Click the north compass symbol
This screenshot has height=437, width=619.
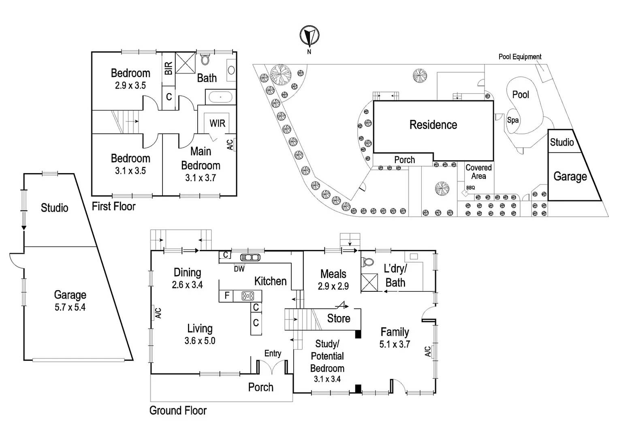coord(309,36)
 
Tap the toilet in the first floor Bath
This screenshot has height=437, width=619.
coord(205,59)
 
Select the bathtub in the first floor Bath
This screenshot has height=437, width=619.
coord(220,98)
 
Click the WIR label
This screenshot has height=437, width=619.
coord(217,123)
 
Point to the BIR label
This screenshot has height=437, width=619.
coord(169,68)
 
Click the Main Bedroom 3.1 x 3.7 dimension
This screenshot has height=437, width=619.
coord(201,178)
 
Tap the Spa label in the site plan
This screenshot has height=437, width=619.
coord(512,120)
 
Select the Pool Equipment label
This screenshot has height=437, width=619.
coord(520,57)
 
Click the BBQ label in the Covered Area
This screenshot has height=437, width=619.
coord(470,188)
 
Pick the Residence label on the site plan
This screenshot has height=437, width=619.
coord(433,125)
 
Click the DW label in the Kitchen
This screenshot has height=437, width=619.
coord(239,269)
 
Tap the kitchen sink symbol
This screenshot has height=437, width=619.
coord(250,257)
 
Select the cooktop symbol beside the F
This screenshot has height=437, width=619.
coord(248,296)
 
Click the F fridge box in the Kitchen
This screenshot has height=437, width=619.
coord(226,296)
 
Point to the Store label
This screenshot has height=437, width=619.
coord(339,319)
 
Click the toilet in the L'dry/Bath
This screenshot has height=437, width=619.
coord(368,262)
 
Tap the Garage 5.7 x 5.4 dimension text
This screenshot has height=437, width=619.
coord(70,308)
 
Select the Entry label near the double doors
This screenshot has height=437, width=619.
coord(273,354)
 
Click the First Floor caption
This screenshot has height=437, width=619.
coord(113,206)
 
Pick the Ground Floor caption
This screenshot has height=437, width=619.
coord(178,411)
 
